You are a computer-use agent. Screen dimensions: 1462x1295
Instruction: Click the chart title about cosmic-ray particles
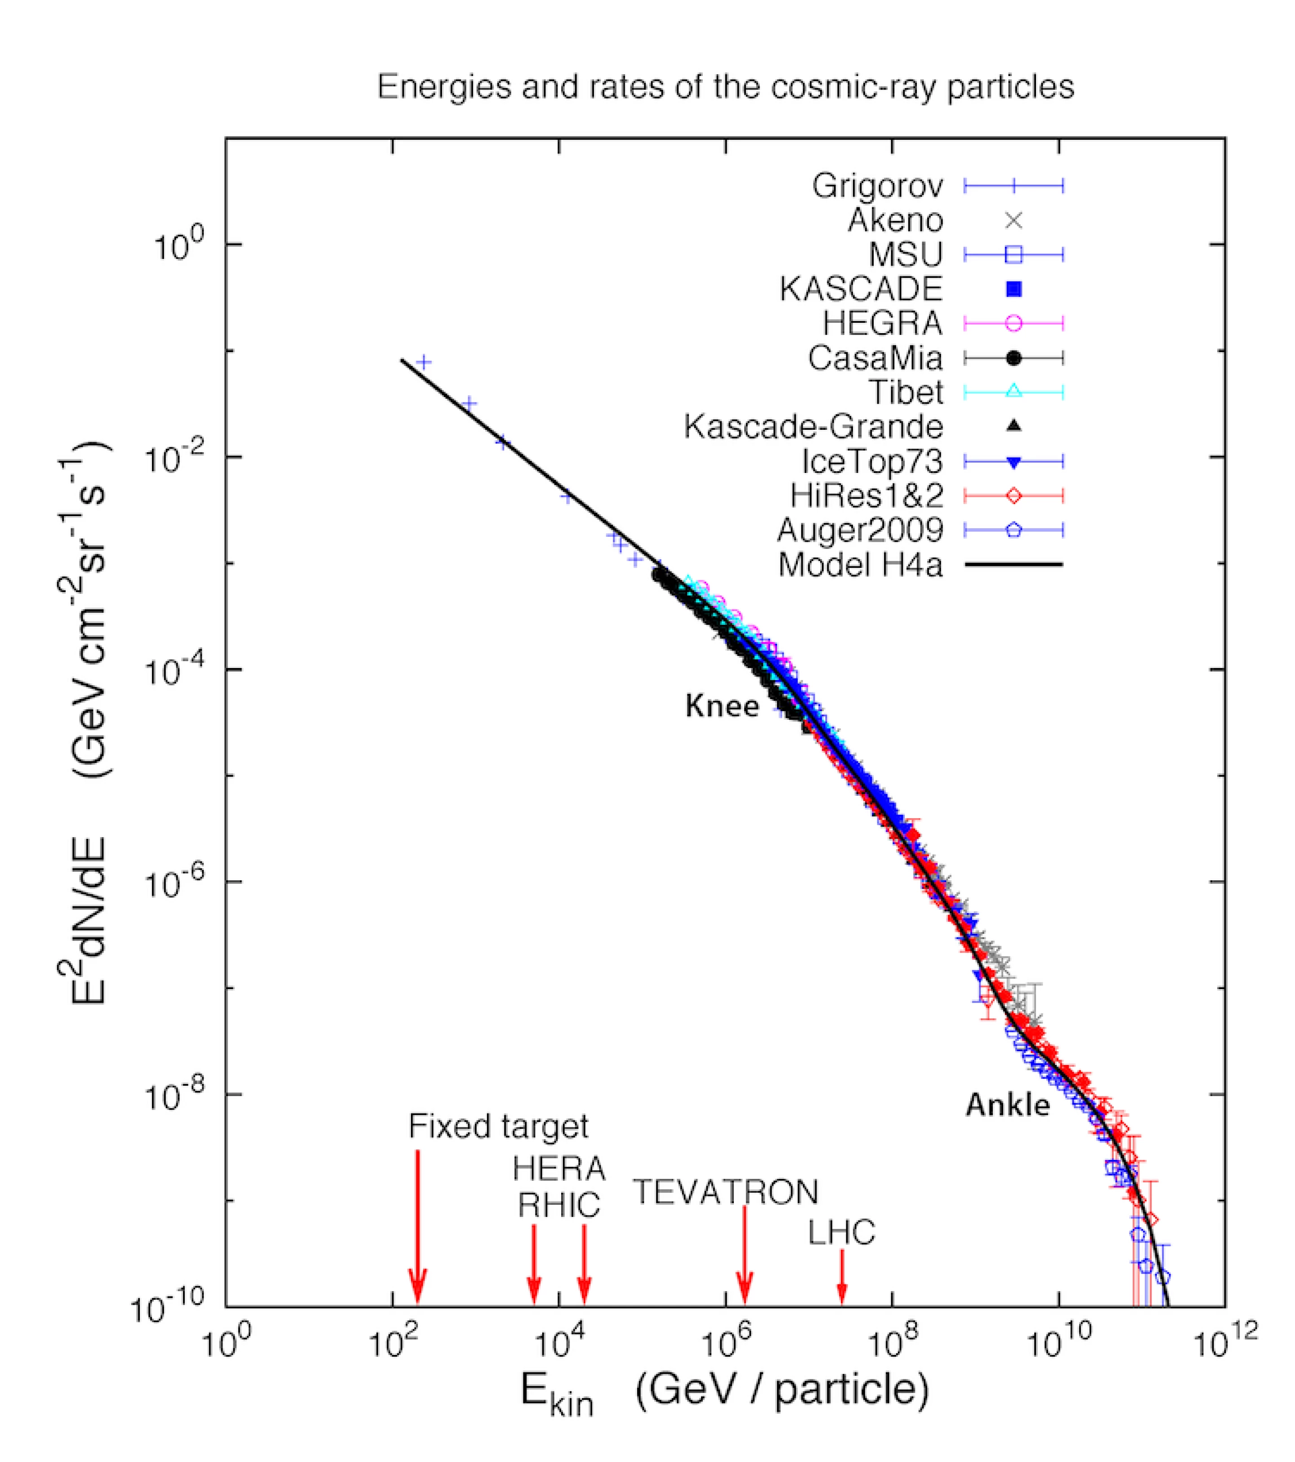(725, 87)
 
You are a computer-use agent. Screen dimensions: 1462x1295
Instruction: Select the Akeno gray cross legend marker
(1013, 220)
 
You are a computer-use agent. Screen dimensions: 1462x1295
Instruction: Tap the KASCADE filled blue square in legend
(1013, 289)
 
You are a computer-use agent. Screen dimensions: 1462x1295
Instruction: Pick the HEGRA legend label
(881, 323)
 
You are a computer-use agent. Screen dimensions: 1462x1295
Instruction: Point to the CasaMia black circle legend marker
(1013, 357)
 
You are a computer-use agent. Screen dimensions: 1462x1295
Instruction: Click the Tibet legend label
(905, 392)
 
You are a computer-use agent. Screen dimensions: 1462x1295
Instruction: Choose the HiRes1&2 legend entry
(866, 495)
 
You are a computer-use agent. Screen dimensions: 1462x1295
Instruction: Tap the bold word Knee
(721, 706)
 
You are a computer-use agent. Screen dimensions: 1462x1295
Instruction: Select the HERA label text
(559, 1169)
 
